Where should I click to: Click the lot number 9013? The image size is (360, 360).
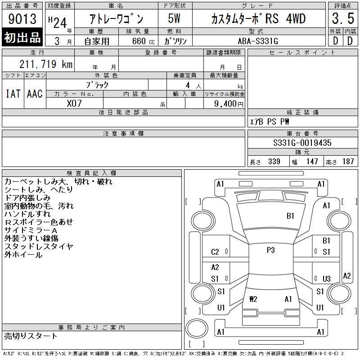pos(22,19)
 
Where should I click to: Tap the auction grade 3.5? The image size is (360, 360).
pos(343,18)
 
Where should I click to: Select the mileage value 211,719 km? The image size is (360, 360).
pos(46,64)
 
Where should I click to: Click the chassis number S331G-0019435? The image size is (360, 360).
pos(302,143)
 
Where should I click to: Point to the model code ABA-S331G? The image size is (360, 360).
pos(258,41)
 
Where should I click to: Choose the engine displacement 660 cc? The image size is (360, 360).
pos(143,41)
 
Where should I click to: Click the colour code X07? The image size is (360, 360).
pos(74,103)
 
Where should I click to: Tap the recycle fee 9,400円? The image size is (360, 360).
pos(229,104)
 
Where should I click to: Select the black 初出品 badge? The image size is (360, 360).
pos(22,37)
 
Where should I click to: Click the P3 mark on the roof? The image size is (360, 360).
pos(271,250)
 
